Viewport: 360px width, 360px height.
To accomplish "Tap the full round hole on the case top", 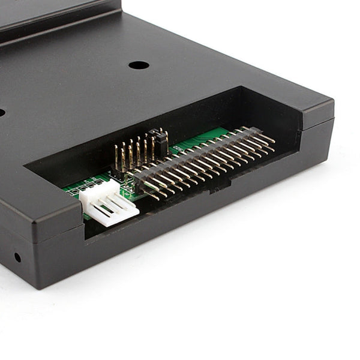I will coord(139,64).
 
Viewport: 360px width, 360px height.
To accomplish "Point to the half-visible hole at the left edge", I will coord(1,112).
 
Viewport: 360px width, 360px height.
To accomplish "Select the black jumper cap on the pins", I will coord(159,140).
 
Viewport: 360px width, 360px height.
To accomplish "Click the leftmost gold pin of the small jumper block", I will coord(116,157).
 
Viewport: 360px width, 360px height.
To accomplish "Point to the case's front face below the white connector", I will coord(120,252).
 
